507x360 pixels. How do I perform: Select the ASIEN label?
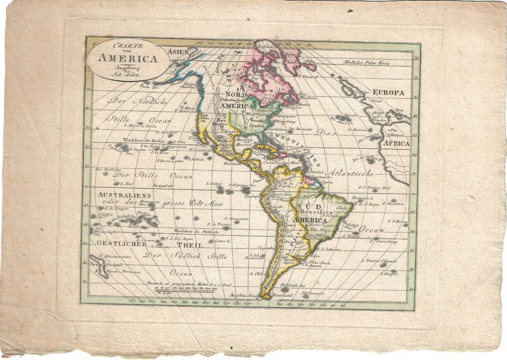tap(179, 51)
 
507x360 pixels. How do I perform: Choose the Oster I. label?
tap(222, 241)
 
